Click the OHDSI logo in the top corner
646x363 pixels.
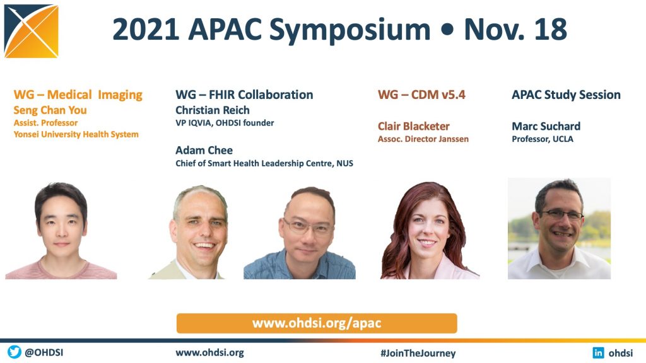click(32, 32)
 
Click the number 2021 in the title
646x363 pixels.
click(146, 30)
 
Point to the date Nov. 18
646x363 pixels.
click(515, 30)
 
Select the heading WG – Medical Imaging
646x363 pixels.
click(78, 95)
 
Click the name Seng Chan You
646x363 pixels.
click(50, 110)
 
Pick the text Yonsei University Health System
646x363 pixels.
click(76, 135)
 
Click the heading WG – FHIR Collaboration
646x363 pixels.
click(244, 95)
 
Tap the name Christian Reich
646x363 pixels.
click(213, 110)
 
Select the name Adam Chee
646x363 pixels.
click(204, 150)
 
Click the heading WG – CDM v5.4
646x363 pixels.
click(421, 95)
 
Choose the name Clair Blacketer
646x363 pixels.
click(414, 126)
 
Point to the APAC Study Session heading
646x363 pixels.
click(566, 95)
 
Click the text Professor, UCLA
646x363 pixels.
click(543, 139)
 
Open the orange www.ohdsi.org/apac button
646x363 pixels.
click(317, 323)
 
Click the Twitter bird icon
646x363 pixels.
click(15, 352)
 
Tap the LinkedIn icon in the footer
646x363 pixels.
click(598, 353)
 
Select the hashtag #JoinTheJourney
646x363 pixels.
click(418, 353)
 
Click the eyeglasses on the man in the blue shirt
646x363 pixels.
click(308, 226)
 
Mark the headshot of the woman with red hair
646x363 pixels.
click(428, 231)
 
